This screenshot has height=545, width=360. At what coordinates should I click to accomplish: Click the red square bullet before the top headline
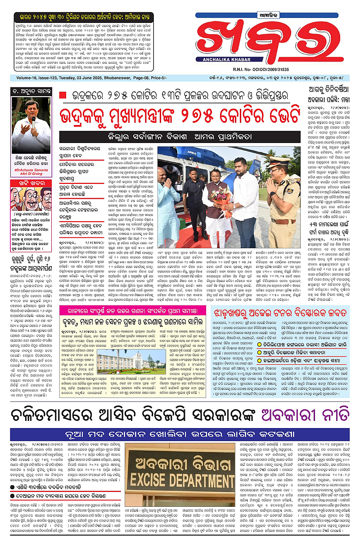[63, 95]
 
